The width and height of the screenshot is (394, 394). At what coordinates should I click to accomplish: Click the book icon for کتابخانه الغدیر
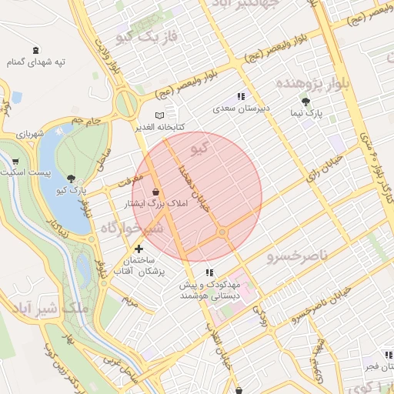pos(159,115)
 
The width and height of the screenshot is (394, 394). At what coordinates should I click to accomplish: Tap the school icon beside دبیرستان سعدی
pos(241,97)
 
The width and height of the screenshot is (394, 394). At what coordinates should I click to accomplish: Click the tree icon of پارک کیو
pos(72,178)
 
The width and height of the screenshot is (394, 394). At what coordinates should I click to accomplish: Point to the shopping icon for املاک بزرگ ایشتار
pos(156,192)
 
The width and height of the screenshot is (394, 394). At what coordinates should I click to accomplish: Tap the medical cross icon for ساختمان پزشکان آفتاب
pos(139,249)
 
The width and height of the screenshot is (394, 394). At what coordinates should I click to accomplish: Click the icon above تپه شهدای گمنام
pos(35,50)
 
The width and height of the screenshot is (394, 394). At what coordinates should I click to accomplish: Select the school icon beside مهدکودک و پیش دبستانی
pos(209,272)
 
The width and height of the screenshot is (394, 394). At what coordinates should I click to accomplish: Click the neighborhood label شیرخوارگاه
pos(131,229)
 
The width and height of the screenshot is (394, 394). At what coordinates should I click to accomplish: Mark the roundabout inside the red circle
pos(222,232)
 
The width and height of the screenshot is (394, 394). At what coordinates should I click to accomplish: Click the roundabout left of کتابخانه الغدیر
pos(125,103)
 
